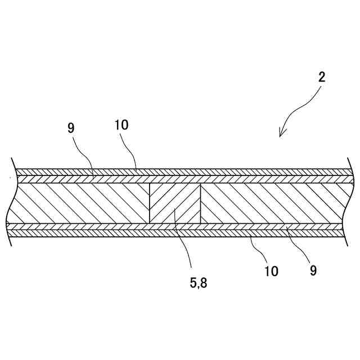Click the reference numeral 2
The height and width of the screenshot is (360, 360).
(322, 77)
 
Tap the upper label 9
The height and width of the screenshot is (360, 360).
(70, 128)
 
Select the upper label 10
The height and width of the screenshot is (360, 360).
(121, 125)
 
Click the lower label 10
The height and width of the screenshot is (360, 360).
(271, 271)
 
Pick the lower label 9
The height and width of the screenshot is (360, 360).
(313, 270)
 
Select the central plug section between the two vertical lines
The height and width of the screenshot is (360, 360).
(175, 203)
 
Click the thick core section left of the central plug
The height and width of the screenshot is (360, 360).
(79, 203)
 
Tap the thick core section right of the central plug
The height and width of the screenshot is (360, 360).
(270, 203)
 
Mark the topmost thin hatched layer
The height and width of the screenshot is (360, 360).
(180, 172)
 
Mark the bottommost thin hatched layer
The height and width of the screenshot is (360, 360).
(180, 232)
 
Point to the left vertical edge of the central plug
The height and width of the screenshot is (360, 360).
(150, 203)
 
